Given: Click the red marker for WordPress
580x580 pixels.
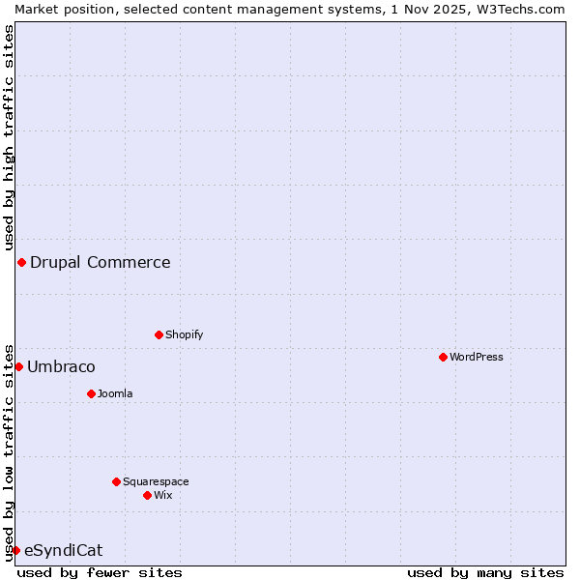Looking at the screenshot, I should tap(443, 357).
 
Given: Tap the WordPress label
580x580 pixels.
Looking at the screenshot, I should tap(477, 357).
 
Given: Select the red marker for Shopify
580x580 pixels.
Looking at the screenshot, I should tap(159, 334).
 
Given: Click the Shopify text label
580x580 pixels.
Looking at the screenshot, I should tap(184, 334).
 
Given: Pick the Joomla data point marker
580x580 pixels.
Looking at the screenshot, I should tap(91, 393).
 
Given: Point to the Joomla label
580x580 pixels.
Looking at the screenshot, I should tap(115, 393).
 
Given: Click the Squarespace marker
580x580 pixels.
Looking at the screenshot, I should tap(116, 481).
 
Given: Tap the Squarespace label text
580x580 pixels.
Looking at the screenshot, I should tap(156, 481).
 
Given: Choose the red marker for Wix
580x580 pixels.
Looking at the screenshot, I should tap(147, 495).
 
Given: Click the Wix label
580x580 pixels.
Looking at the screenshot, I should tap(163, 495).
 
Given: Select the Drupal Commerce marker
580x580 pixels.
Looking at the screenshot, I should tap(21, 262).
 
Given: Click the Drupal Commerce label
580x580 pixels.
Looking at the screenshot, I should tap(101, 262).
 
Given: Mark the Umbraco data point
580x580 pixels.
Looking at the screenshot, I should tap(18, 366).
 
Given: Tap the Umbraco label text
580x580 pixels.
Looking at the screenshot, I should tap(61, 366).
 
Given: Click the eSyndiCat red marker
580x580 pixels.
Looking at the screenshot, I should tap(15, 550).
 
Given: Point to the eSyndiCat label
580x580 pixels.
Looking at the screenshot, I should tap(63, 550).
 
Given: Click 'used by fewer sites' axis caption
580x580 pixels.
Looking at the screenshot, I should tap(100, 572).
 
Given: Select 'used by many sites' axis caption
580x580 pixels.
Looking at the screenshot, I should tap(485, 572).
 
